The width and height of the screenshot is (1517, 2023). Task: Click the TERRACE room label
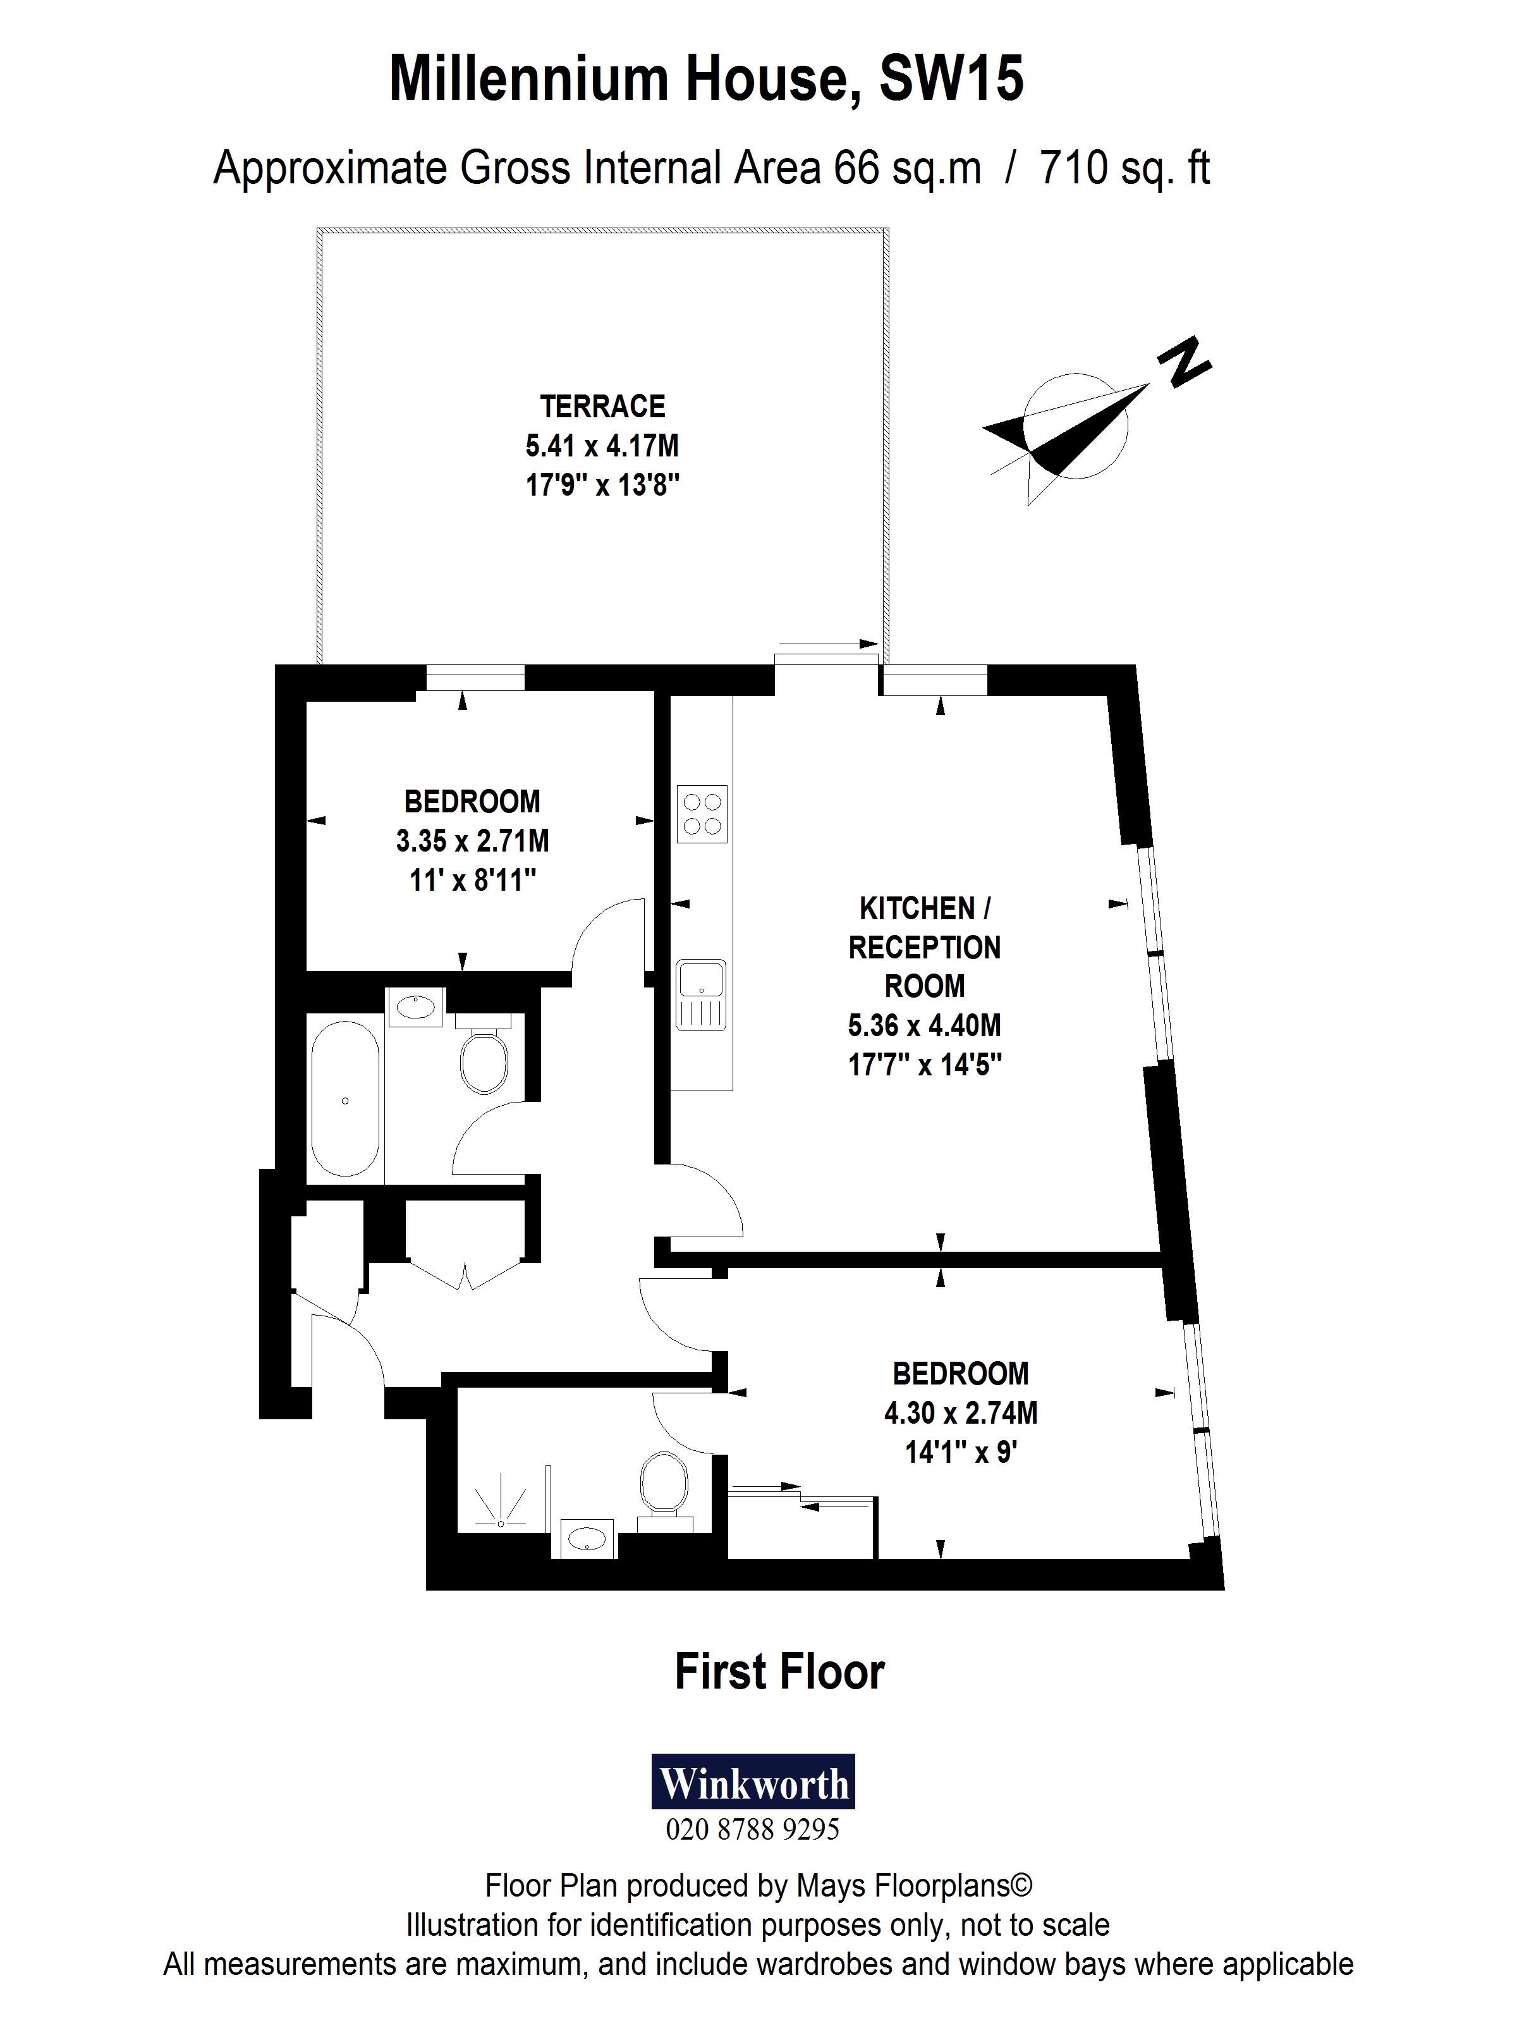602,406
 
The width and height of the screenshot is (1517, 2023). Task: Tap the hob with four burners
702,813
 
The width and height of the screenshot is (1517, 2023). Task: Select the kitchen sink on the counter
700,994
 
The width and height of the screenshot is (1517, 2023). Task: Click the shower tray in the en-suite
501,1505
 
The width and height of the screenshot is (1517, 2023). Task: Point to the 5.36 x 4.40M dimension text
923,1025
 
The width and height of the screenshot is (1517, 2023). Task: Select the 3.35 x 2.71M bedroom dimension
472,840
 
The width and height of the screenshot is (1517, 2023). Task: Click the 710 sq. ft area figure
1124,168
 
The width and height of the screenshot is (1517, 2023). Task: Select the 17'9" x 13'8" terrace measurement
602,485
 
